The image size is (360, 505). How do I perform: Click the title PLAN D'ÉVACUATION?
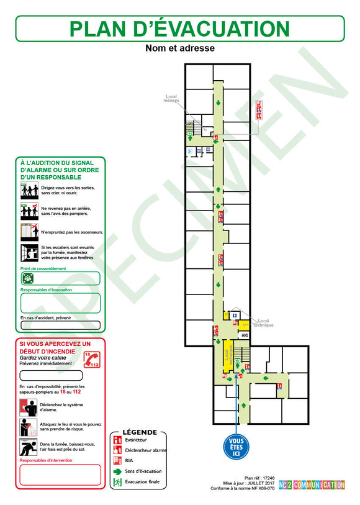[x=179, y=29]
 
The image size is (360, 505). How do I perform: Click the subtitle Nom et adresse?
[x=180, y=48]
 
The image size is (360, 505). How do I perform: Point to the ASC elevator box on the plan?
[x=245, y=335]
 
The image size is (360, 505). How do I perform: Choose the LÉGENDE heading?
[x=140, y=432]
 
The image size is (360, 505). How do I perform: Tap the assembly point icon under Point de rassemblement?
[x=27, y=278]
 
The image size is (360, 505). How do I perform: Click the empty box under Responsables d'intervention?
[x=60, y=475]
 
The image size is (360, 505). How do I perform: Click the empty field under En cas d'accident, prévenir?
[x=60, y=325]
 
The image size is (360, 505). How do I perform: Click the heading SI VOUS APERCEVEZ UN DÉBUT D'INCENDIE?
[x=55, y=347]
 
